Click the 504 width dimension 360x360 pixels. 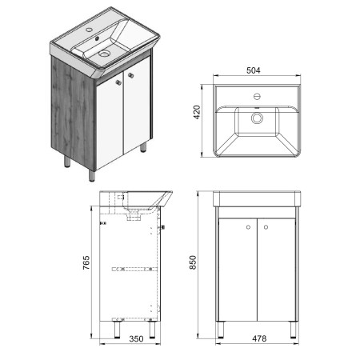254,70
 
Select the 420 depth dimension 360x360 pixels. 197,112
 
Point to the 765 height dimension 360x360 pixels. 86,262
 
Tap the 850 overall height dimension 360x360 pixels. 193,262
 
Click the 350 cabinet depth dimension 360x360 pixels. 136,338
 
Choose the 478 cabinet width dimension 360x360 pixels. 259,338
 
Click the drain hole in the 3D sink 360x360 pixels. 104,54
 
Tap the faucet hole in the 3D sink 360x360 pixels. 89,30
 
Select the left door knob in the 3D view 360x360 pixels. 118,82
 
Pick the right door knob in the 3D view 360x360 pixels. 130,75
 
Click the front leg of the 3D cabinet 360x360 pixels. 92,175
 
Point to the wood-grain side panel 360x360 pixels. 73,112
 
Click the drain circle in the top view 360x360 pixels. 257,118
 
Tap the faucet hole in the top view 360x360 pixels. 257,96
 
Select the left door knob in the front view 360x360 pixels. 249,227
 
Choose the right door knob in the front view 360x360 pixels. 266,227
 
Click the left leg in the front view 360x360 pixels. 221,330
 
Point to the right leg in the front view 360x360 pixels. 293,330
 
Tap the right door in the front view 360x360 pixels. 276,270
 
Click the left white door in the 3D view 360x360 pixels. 110,122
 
